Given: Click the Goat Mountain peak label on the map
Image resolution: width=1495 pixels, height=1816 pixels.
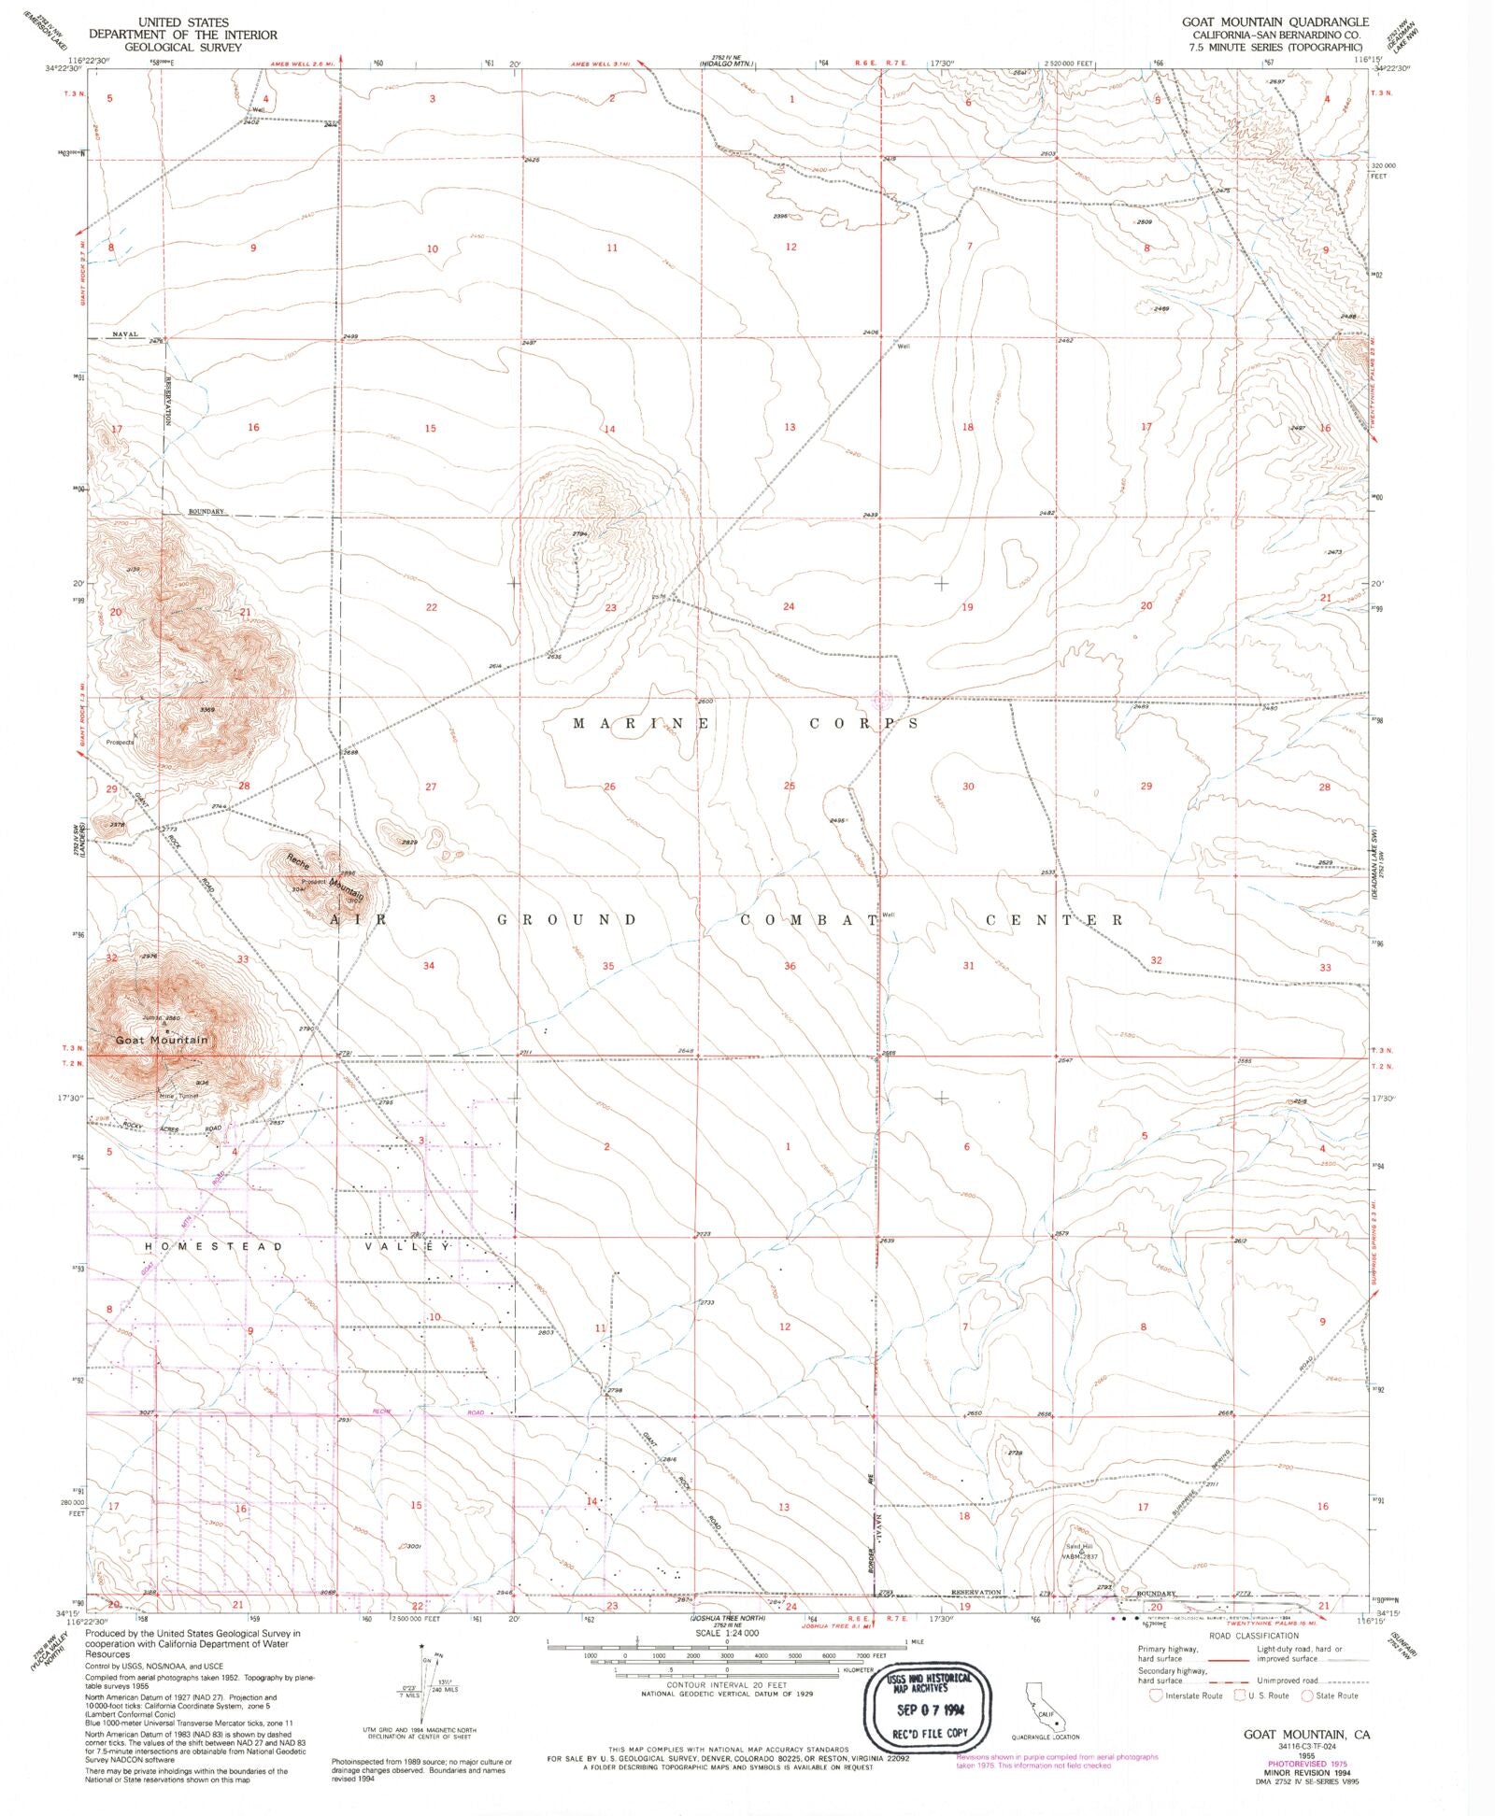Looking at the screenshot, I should point(163,1040).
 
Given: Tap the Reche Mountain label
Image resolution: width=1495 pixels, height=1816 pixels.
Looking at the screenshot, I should point(322,877).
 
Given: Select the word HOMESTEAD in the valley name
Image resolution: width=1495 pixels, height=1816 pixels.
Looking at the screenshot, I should point(214,1247).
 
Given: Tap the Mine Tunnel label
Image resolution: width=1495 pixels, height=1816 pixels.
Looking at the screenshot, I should point(179,1096).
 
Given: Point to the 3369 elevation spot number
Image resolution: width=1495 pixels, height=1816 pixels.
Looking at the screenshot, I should point(207,710).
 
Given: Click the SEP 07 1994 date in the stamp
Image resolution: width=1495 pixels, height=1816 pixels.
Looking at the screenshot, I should point(931,1710).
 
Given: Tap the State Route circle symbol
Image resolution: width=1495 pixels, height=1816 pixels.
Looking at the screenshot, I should point(1307,1695).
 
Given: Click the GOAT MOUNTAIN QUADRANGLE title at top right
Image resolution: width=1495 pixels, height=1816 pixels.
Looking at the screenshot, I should point(1274,21).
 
